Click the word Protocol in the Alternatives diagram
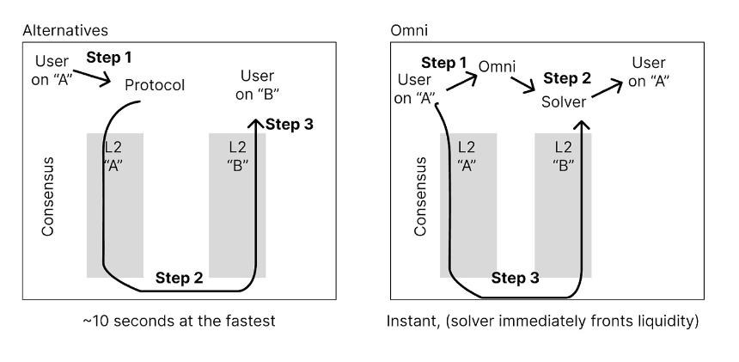click(155, 85)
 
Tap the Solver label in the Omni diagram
click(564, 101)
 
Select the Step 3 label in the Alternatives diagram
click(290, 125)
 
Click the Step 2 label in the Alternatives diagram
click(179, 278)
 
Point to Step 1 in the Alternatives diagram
click(109, 58)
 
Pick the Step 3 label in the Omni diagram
click(515, 278)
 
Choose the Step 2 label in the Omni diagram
click(567, 78)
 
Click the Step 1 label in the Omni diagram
click(444, 63)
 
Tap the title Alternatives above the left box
click(65, 30)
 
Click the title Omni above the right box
click(409, 30)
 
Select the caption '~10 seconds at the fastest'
click(179, 321)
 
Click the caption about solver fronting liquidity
click(542, 322)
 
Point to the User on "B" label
click(257, 85)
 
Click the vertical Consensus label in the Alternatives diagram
click(47, 197)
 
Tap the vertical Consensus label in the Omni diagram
click(420, 197)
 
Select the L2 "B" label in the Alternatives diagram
click(237, 156)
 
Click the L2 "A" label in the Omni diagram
click(466, 156)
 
